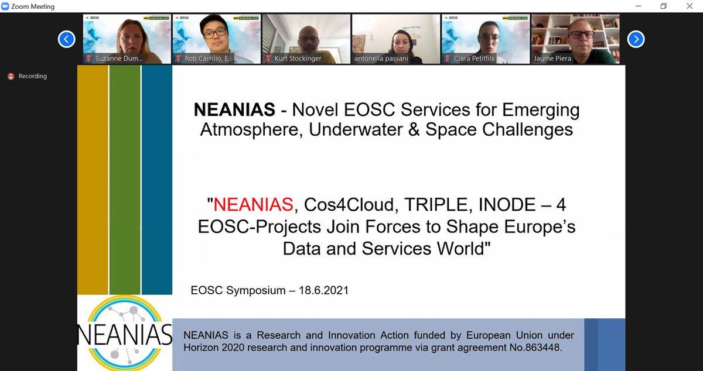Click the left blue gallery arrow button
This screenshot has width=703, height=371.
(x=66, y=39)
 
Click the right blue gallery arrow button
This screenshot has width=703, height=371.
(x=636, y=39)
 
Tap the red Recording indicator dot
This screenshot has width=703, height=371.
(x=11, y=76)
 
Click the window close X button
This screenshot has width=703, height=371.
(x=690, y=6)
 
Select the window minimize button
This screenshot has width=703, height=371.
(x=637, y=6)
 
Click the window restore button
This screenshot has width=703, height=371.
(x=663, y=6)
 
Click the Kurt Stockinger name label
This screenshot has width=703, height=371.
(x=298, y=59)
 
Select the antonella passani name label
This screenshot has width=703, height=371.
(x=381, y=59)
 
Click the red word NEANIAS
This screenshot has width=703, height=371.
(x=253, y=205)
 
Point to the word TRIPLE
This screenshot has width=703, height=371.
(x=428, y=205)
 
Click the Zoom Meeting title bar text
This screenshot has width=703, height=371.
(x=33, y=6)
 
